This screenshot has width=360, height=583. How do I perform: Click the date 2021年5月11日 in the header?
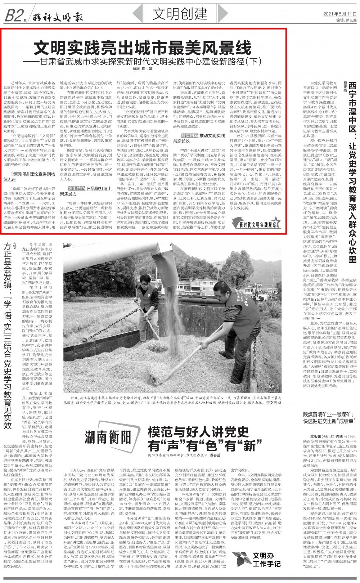click(338, 14)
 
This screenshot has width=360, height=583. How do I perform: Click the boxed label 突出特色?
click(76, 188)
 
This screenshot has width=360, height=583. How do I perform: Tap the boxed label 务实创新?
click(190, 135)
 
